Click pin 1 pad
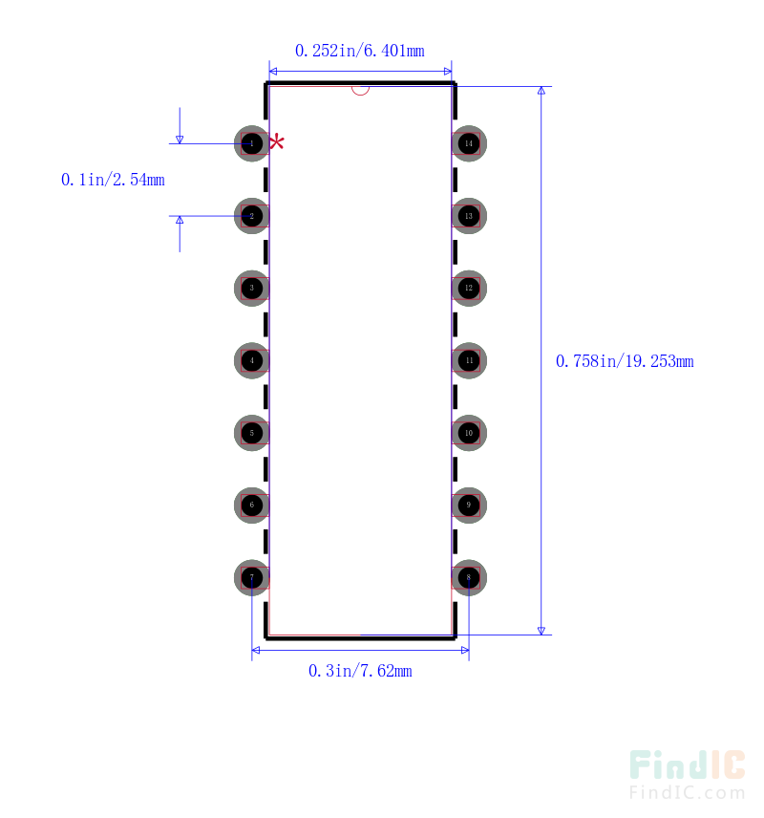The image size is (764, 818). tap(252, 143)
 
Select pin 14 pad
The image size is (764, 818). tap(469, 143)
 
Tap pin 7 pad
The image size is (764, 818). tap(252, 577)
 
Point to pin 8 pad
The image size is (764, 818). tap(469, 577)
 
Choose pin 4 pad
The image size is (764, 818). tap(252, 360)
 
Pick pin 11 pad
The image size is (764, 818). tap(469, 360)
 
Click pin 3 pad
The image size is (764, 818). tap(252, 288)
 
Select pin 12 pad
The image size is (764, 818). tap(469, 288)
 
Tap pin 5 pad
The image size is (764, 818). tap(252, 433)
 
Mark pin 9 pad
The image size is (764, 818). tap(469, 505)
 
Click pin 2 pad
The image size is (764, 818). tap(252, 216)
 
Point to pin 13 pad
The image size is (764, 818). tap(469, 216)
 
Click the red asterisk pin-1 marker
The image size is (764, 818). tap(277, 142)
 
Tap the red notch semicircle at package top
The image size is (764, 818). tap(360, 91)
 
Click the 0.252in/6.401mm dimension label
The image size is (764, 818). tap(359, 51)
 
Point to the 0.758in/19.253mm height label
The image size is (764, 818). tap(625, 361)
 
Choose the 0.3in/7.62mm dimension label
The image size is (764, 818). tap(360, 672)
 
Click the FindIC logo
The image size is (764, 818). tap(687, 774)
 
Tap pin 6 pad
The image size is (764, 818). tap(252, 505)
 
